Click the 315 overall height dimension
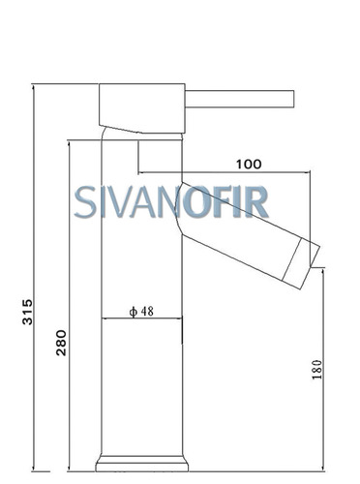click(27, 312)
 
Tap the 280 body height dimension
click(61, 343)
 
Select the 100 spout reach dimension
click(249, 165)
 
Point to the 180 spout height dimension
click(317, 369)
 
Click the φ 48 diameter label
click(141, 312)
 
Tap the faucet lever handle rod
click(239, 99)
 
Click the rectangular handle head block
click(142, 108)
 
